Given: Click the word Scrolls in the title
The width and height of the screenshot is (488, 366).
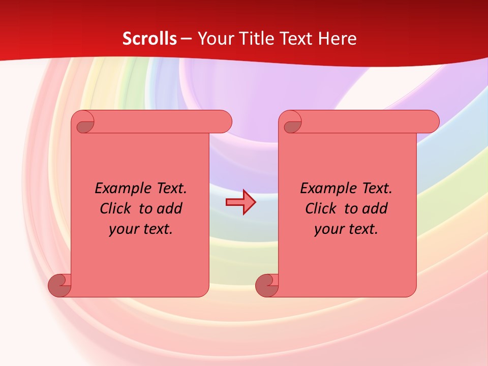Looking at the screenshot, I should (x=150, y=39).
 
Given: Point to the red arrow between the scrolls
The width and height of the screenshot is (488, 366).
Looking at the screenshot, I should (x=240, y=202).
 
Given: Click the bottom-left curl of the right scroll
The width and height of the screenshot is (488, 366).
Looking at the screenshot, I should (x=267, y=285).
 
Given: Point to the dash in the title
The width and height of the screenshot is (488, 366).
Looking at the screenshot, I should (x=186, y=39).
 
